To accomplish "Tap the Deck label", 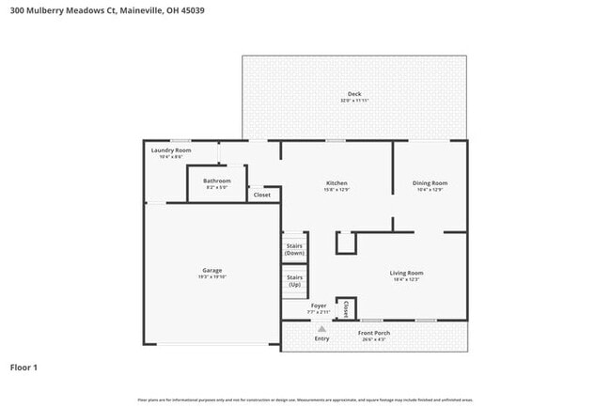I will [x=354, y=93].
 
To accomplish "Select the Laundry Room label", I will [x=171, y=150].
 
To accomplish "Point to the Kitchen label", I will [x=337, y=182].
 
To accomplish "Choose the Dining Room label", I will [x=430, y=182].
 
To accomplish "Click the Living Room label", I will [x=407, y=273].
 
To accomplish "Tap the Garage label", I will [x=211, y=270].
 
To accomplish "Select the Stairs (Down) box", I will [x=294, y=249].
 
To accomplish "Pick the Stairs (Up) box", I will [x=294, y=281].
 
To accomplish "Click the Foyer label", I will [x=318, y=305].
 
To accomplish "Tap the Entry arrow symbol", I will [x=321, y=328].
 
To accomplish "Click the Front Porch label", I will [x=373, y=333].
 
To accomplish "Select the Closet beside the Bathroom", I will [x=262, y=195].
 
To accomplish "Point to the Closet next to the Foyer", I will [x=346, y=307].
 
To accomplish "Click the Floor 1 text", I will [x=23, y=367].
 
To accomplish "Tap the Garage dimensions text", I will [x=211, y=277].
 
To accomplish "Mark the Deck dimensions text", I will [x=354, y=100].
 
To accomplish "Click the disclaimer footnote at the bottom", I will [x=305, y=400].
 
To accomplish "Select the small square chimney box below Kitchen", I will [x=346, y=243].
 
